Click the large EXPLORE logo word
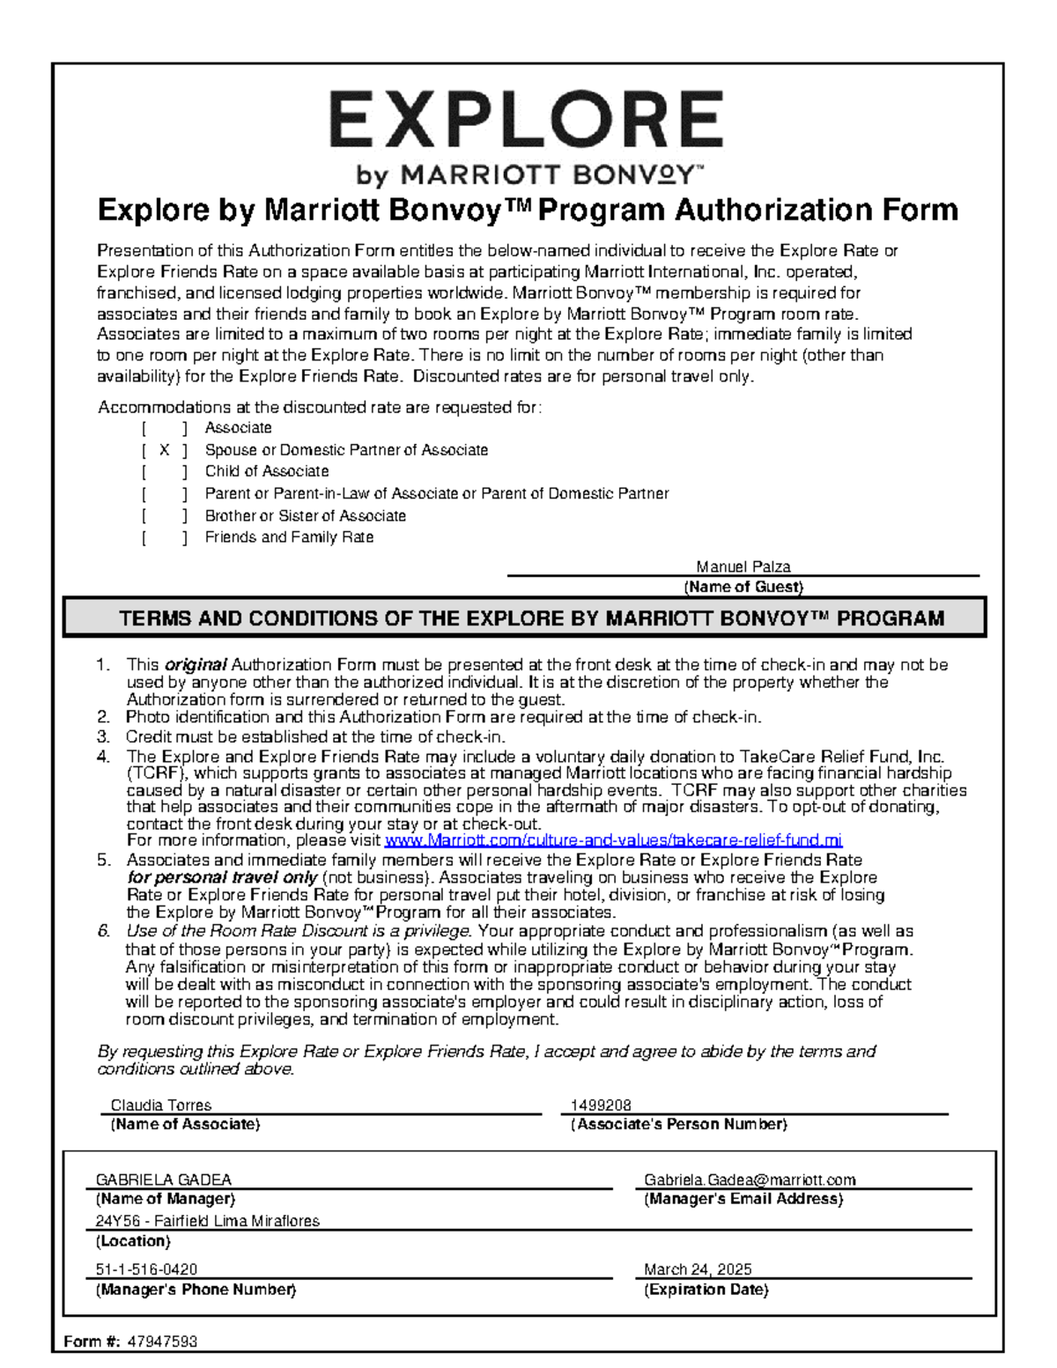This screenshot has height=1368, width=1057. pos(527,121)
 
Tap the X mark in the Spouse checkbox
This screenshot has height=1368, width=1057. pos(165,450)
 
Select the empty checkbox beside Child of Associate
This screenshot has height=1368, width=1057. pos(165,472)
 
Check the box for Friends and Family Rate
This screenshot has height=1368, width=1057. pos(165,537)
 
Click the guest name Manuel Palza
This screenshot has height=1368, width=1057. pos(743,566)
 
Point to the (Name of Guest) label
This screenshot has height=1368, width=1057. pos(743,587)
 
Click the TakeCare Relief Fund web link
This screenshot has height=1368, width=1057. pos(613,840)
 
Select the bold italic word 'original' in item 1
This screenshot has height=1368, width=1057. pos(196,665)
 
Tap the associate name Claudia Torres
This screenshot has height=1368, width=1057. pos(160,1105)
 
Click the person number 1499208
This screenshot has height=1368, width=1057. pos(601,1105)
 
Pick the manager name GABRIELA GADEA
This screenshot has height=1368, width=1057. pos(163,1179)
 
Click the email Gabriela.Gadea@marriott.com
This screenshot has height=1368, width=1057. pos(750,1179)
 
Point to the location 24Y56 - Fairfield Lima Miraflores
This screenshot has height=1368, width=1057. pos(207,1221)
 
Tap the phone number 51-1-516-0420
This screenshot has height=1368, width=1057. pos(146,1269)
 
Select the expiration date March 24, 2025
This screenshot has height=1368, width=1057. pos(698,1269)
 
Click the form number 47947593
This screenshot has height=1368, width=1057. pos(162,1342)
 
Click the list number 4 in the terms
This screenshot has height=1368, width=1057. pos(103,756)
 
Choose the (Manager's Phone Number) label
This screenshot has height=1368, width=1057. pos(196,1290)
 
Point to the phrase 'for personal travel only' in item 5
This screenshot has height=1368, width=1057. pos(222,877)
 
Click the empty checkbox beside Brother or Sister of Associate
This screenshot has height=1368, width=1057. pos(165,516)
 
